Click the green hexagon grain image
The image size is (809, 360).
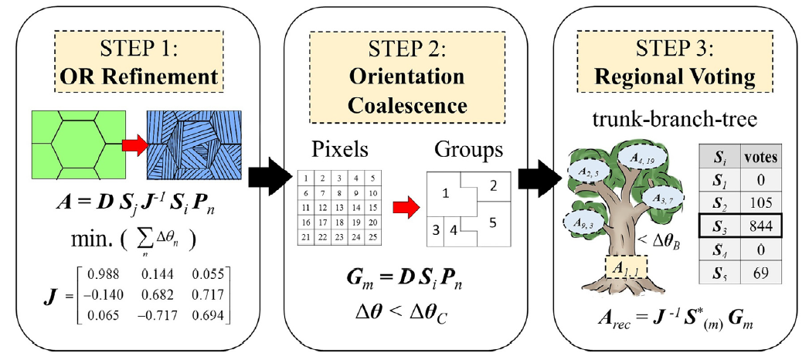(x=74, y=144)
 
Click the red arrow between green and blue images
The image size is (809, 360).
(x=132, y=144)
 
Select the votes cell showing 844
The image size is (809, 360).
(x=760, y=226)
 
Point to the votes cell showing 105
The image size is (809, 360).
(x=760, y=202)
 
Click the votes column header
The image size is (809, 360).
(x=760, y=158)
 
